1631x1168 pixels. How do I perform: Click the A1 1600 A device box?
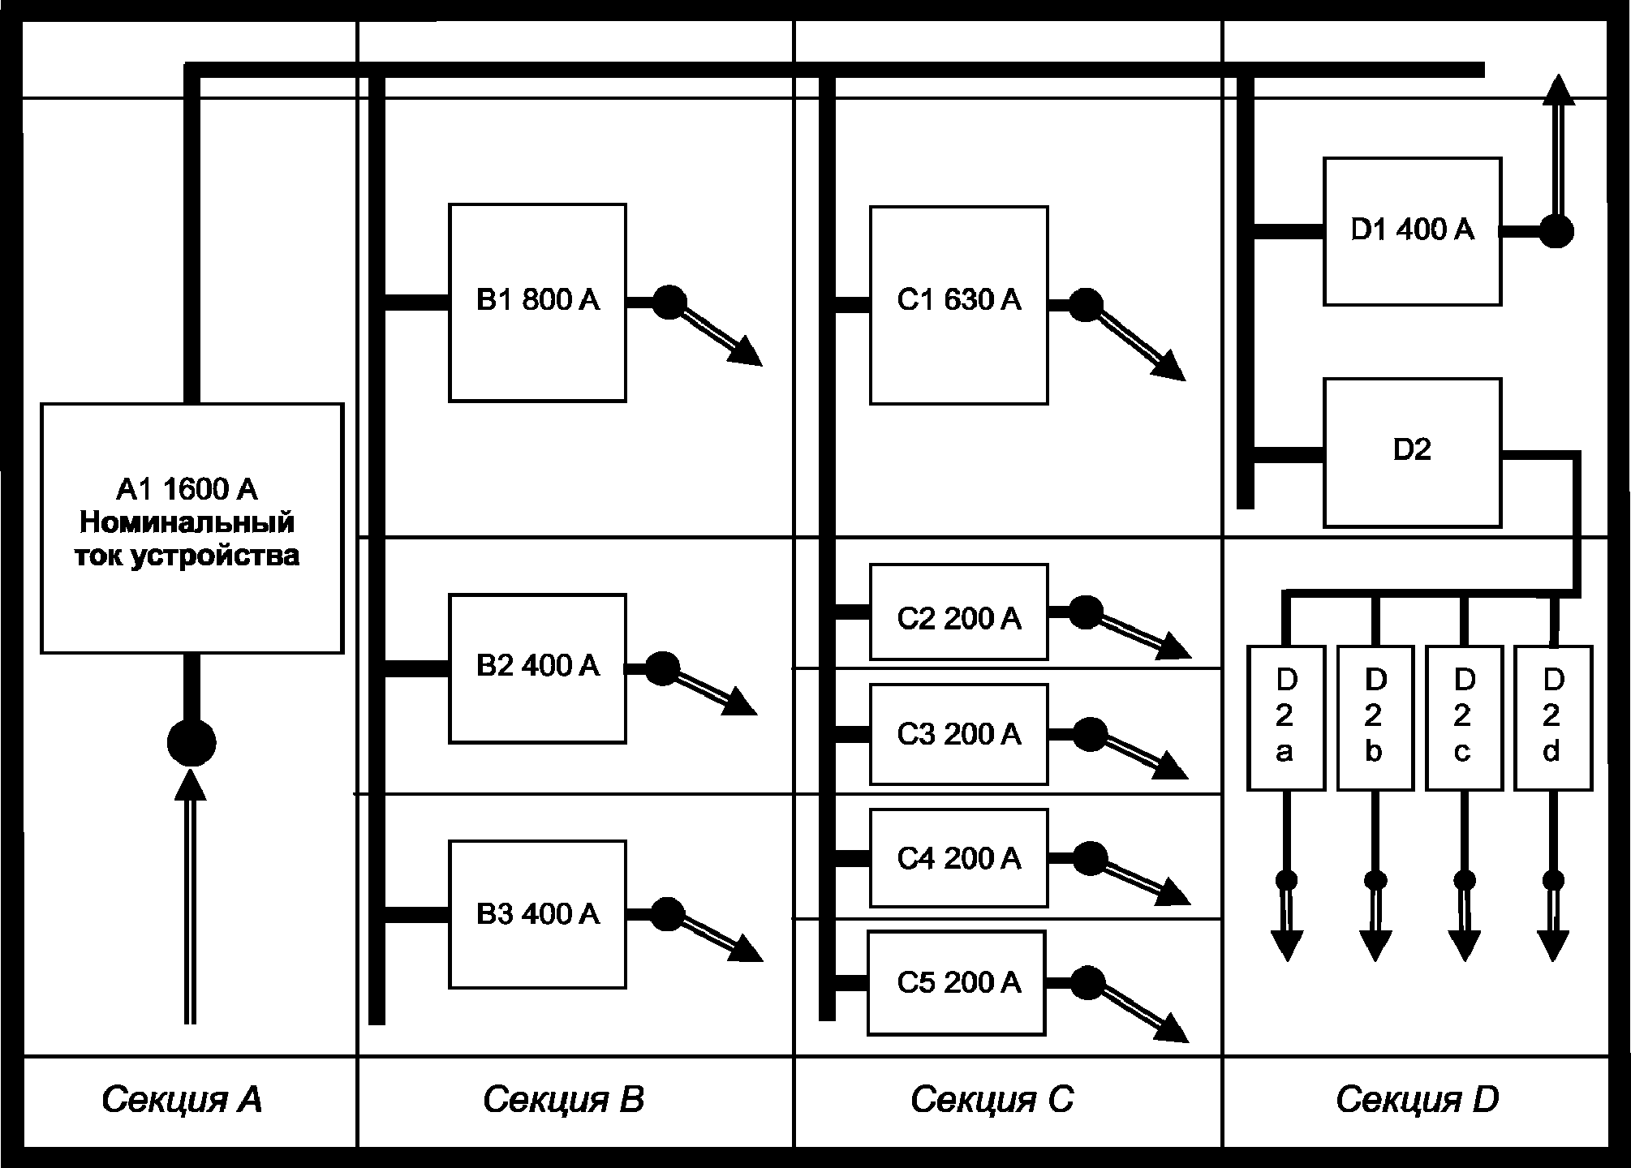(x=192, y=528)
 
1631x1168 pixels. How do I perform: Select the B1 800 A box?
(x=537, y=303)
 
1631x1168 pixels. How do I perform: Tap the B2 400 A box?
(x=537, y=668)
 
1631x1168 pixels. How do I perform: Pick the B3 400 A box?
(x=537, y=914)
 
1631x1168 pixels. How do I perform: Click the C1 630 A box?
(x=958, y=305)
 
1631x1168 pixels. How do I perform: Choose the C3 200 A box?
(x=958, y=734)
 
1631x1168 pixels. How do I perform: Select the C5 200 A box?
(x=957, y=983)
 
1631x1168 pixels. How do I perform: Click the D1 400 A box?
(x=1412, y=231)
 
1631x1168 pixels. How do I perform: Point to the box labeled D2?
(x=1412, y=453)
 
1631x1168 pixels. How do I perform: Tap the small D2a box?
(x=1285, y=718)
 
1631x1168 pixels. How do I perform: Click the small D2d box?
(x=1553, y=718)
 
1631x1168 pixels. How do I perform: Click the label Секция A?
(x=182, y=1100)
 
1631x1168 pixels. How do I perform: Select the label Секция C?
(x=992, y=1100)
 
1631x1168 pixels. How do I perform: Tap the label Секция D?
(x=1417, y=1100)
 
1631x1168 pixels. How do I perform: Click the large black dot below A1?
(x=192, y=742)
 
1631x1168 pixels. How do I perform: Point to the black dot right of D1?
(x=1556, y=231)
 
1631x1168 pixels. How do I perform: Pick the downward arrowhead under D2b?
(x=1375, y=946)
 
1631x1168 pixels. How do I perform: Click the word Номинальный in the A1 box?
(x=187, y=522)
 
